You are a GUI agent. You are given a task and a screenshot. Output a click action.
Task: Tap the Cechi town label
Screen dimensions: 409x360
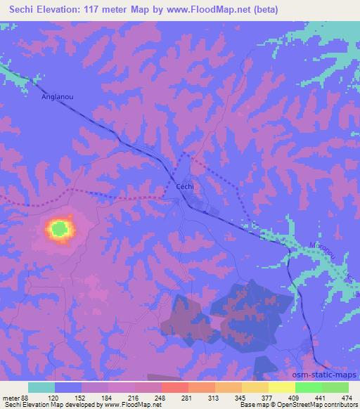click(x=184, y=186)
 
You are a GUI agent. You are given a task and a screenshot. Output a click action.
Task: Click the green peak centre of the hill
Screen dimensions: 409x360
click(x=60, y=228)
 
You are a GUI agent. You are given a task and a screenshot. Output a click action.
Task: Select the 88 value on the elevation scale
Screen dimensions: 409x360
click(x=25, y=397)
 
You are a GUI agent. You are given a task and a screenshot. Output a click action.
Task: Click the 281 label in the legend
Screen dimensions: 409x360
click(x=185, y=397)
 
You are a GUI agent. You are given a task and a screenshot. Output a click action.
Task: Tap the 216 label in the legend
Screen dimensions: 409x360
click(x=140, y=397)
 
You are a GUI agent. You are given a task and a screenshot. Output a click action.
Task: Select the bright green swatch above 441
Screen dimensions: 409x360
click(x=308, y=387)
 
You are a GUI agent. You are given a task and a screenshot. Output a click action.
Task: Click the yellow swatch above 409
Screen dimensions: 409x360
click(x=282, y=387)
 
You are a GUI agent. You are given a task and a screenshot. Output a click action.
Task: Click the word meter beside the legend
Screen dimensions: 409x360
click(x=10, y=397)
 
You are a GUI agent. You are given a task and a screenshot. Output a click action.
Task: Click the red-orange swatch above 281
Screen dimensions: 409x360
click(x=174, y=387)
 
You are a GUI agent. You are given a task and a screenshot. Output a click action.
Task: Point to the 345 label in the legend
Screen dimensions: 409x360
click(x=230, y=397)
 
